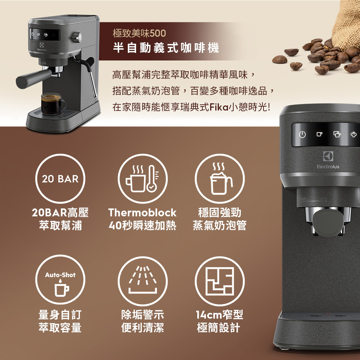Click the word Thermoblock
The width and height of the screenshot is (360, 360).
click(142, 213)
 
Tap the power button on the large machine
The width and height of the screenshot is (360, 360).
click(302, 134)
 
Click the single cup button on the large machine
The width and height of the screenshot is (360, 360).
click(319, 134)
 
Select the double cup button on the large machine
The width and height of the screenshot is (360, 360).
click(337, 134)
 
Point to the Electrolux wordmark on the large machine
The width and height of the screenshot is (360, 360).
click(328, 167)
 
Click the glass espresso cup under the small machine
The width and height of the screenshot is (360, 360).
click(52, 104)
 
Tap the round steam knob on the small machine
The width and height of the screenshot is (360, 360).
click(77, 37)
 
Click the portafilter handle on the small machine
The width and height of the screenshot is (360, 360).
click(33, 78)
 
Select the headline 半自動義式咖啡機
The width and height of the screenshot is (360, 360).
click(166, 48)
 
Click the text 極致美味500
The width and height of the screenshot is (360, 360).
click(139, 33)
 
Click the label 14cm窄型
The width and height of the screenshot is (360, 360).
click(219, 315)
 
